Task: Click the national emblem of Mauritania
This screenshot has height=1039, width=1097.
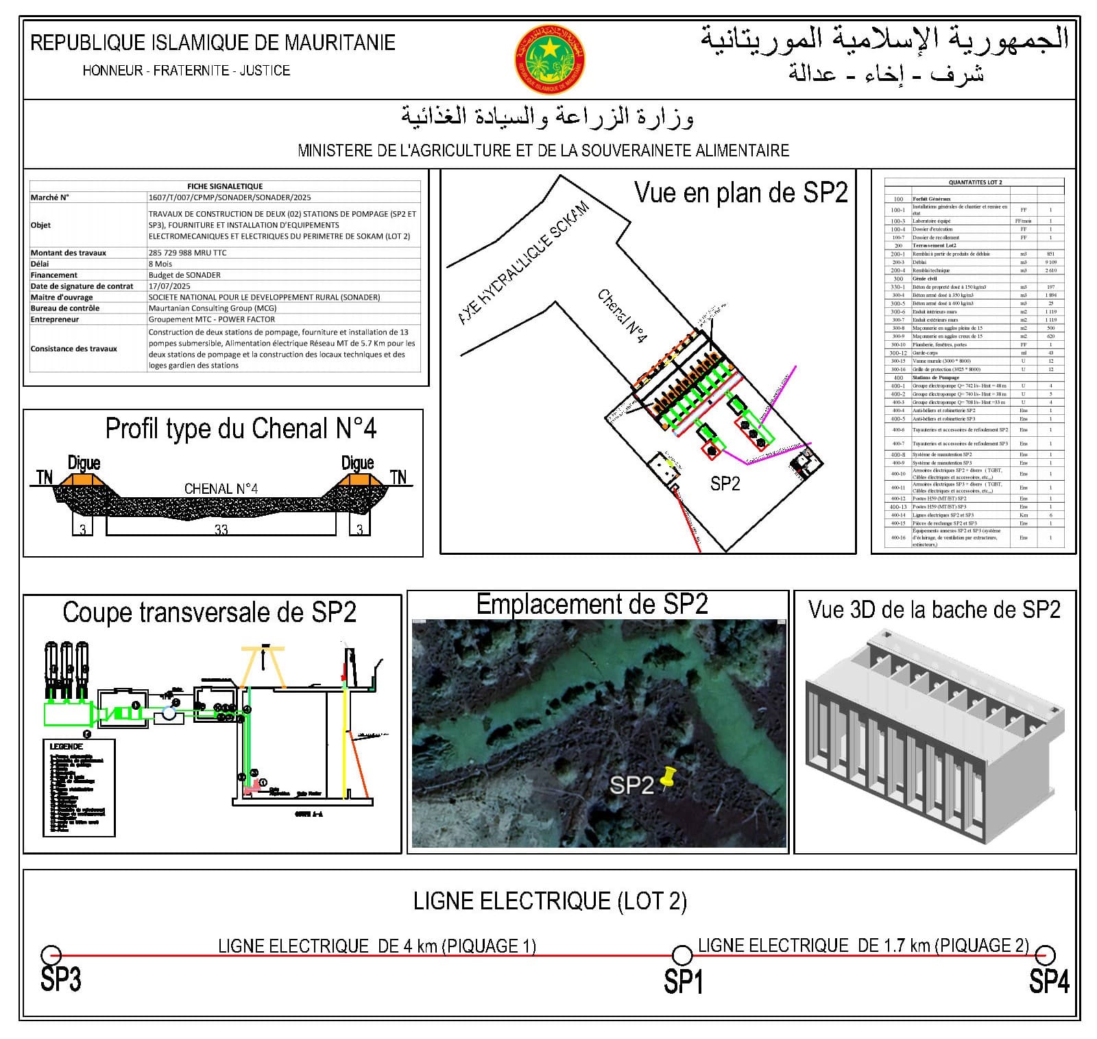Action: pos(549,60)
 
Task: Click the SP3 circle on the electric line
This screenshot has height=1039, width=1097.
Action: pos(51,955)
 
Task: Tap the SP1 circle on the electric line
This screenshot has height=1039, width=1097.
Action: pos(682,955)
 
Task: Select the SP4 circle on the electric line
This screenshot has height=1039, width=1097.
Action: pos(1044,954)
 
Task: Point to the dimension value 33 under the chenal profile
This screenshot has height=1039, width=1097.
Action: pos(221,529)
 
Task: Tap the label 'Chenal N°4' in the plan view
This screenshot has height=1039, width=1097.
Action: pos(622,316)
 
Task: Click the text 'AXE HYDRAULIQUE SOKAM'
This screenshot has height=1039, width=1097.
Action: pos(524,263)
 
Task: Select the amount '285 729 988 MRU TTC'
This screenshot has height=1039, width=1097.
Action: pos(187,252)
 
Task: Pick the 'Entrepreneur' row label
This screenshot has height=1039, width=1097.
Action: pos(55,319)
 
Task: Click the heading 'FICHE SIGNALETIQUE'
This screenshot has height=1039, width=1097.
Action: pos(225,186)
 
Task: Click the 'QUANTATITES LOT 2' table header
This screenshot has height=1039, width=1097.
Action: pos(975,182)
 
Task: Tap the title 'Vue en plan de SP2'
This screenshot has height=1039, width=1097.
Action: pos(740,193)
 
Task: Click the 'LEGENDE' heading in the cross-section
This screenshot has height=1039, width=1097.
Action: pos(67,746)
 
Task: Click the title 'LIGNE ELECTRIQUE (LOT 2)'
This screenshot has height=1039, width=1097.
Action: pos(550,900)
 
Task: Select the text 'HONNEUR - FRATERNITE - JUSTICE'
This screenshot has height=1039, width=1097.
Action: pos(186,71)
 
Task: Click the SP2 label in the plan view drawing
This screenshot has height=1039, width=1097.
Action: pos(725,483)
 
